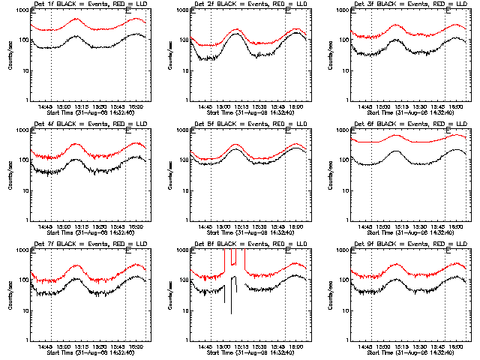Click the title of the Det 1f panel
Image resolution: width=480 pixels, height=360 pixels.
(85, 5)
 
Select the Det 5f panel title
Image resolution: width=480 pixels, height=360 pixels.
(244, 125)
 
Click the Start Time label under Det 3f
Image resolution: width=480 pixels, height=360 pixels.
(404, 112)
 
